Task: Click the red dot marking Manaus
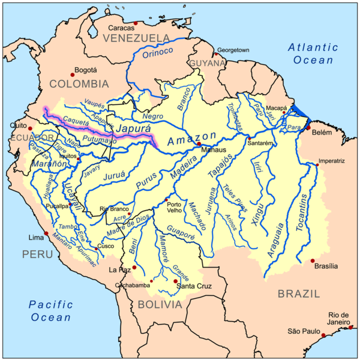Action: (199, 144)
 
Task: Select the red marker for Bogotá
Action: (73, 69)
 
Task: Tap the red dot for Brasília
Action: (312, 260)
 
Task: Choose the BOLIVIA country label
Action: (160, 305)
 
